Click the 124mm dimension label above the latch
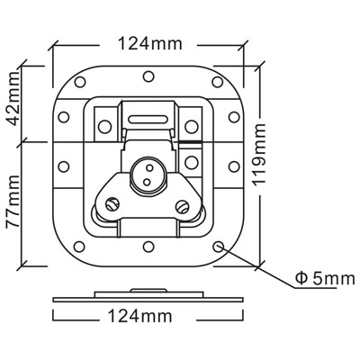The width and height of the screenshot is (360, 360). click(x=150, y=43)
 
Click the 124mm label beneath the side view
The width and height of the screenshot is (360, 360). click(x=140, y=316)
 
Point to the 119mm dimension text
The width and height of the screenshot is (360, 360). click(x=259, y=154)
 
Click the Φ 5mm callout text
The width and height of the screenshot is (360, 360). click(x=325, y=279)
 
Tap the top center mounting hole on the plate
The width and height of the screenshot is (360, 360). click(x=148, y=76)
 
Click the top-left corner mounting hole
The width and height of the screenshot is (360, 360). click(x=80, y=82)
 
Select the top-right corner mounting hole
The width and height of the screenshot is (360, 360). click(x=217, y=82)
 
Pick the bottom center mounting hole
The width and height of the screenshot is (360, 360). click(x=148, y=247)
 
